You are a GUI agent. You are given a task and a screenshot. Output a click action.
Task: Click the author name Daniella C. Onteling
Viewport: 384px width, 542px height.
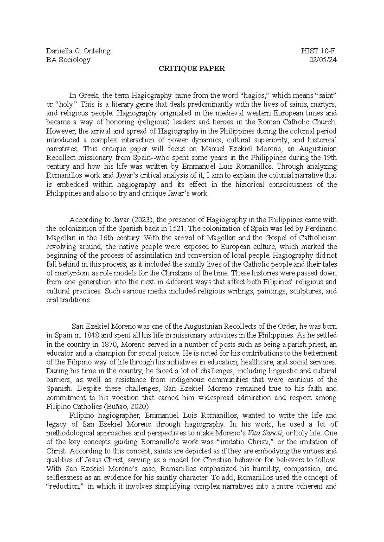(x=78, y=51)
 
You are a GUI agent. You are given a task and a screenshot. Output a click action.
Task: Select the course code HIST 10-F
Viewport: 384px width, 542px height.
(x=318, y=51)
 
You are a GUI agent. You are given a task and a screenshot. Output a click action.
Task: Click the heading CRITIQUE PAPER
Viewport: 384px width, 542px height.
(x=192, y=68)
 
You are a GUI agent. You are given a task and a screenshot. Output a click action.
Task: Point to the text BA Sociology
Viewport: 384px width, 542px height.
(x=68, y=60)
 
